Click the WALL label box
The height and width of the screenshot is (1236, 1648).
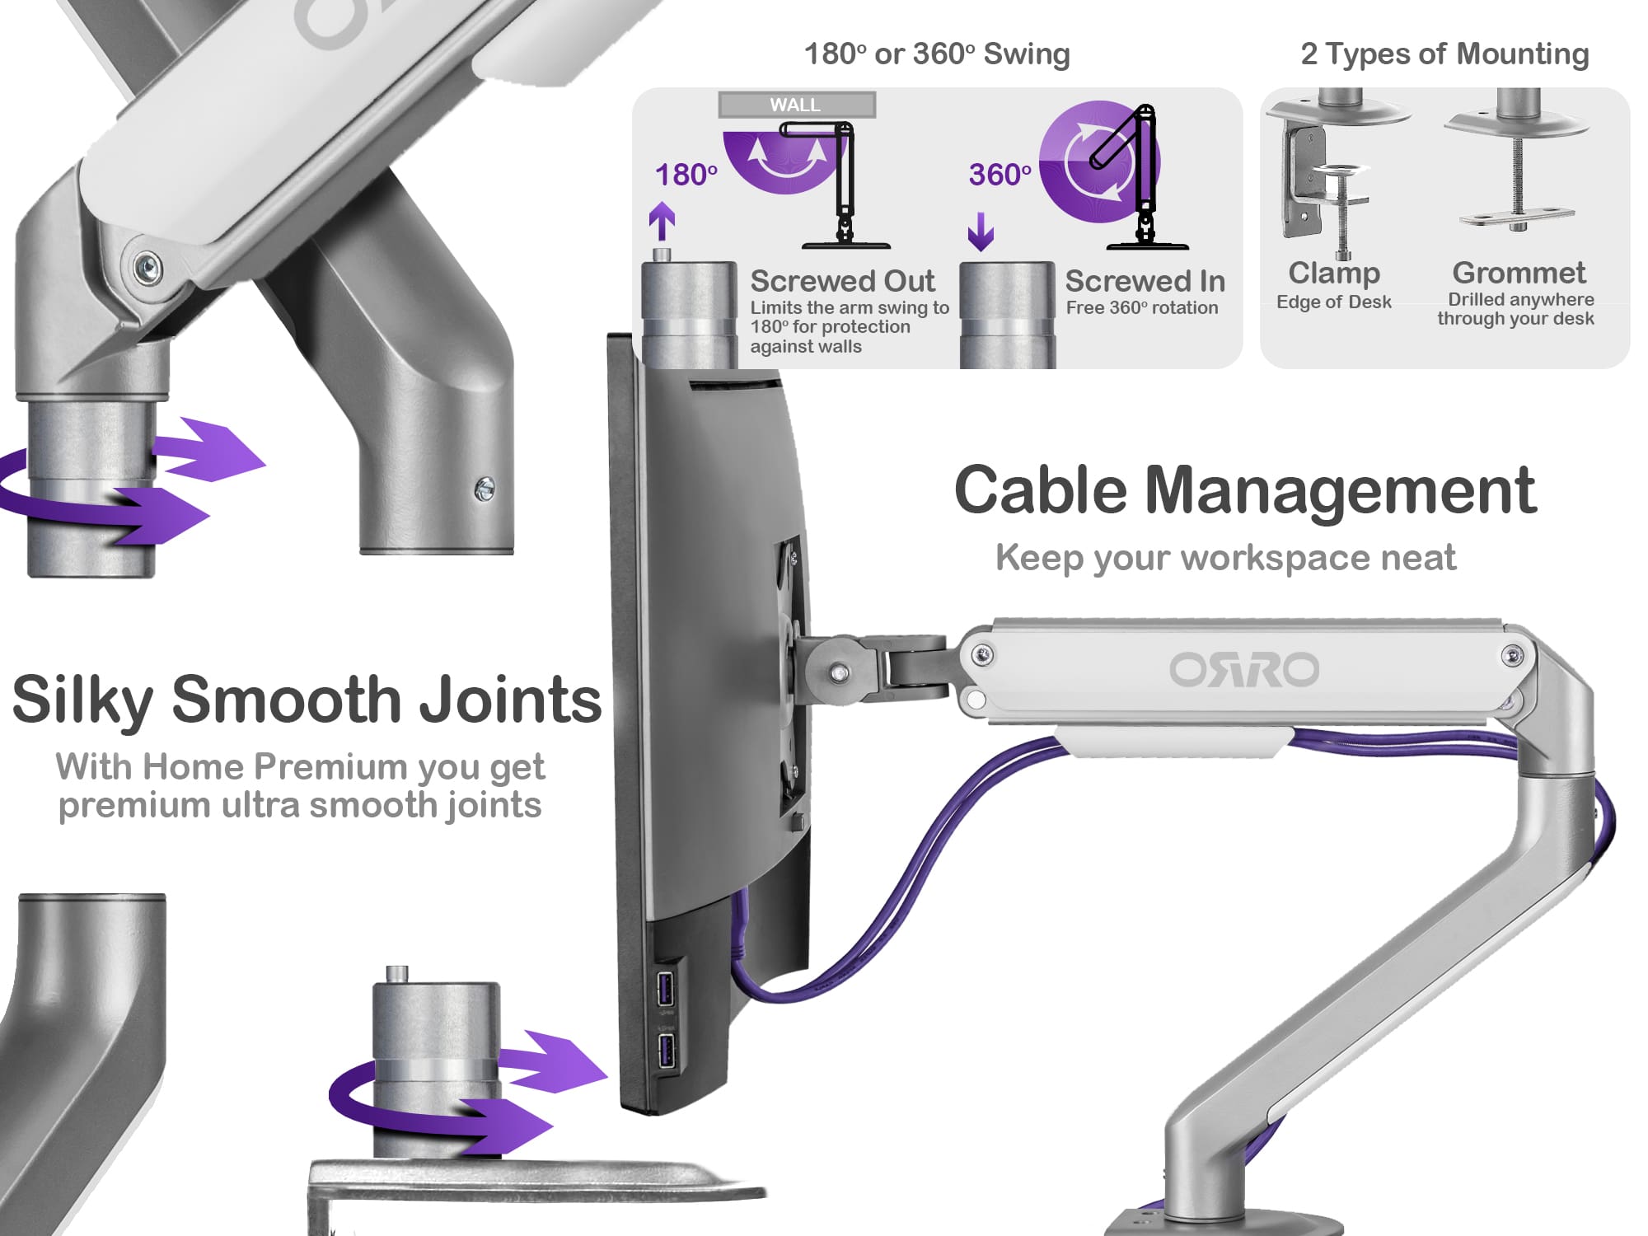pos(796,105)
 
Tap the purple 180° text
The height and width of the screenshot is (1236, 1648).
pos(686,175)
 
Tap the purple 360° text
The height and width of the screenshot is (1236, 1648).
pos(1000,175)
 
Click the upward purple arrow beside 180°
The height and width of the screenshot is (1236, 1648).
pos(662,222)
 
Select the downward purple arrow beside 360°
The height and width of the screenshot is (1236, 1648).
pos(981,232)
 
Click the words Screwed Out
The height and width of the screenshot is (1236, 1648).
pos(842,281)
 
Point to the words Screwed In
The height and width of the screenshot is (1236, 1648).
pos(1145,281)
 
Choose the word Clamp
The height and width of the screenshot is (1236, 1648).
pos(1334,273)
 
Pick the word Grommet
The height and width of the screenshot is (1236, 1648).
pos(1519,273)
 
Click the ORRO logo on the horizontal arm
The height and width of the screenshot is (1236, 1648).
pos(1244,669)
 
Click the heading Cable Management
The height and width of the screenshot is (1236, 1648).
pos(1245,490)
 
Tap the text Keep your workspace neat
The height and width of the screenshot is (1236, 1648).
pos(1225,558)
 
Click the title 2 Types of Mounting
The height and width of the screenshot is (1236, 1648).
pos(1444,54)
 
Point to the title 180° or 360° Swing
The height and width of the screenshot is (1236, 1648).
pos(937,54)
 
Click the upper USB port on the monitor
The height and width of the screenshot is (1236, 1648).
pos(666,988)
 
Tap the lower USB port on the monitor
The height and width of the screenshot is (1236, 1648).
pos(666,1051)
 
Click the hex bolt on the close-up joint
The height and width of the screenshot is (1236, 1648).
pos(147,267)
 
